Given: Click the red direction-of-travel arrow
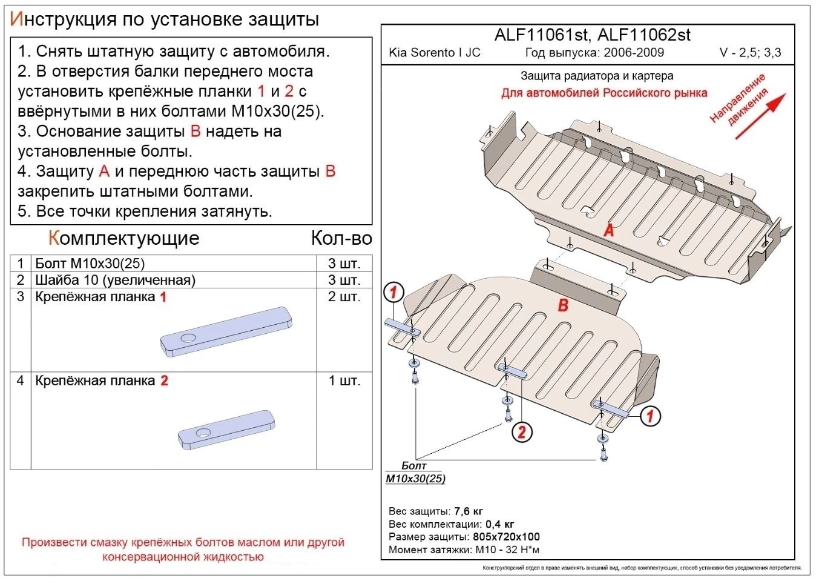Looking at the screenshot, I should tap(760, 116).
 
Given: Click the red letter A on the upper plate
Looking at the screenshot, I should tap(609, 230).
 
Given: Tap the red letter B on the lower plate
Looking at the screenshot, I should tap(563, 304).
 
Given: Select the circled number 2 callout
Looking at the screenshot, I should tap(522, 431).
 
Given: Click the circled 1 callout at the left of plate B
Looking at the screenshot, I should tap(394, 293).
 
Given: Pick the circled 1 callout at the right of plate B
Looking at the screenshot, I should tap(650, 416).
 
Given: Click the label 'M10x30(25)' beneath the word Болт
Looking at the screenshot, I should tap(415, 479).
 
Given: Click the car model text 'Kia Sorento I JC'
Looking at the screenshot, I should tap(434, 53).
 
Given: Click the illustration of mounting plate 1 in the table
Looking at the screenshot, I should tap(226, 331).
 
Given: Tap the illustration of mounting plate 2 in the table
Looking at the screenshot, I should tap(226, 430).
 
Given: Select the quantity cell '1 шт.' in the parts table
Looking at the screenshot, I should tap(344, 380).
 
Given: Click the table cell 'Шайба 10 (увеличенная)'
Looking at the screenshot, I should tap(115, 280).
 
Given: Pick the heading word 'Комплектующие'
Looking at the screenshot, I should tap(123, 238).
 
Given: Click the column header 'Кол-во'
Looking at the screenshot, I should tap(341, 238).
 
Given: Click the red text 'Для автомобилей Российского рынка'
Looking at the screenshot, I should tap(604, 93).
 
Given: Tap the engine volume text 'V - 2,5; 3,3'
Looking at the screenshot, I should tap(750, 53).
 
